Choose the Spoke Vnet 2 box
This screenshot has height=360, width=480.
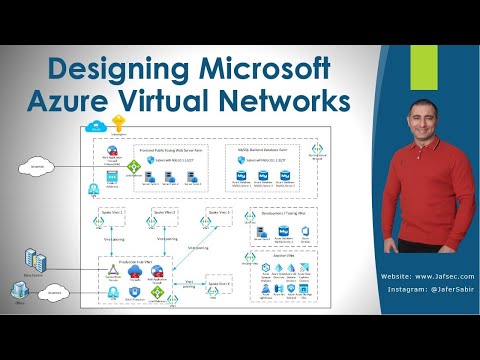point(166,214)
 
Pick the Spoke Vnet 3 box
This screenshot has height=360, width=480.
point(219,214)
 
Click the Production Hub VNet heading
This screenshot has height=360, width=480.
point(132,259)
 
